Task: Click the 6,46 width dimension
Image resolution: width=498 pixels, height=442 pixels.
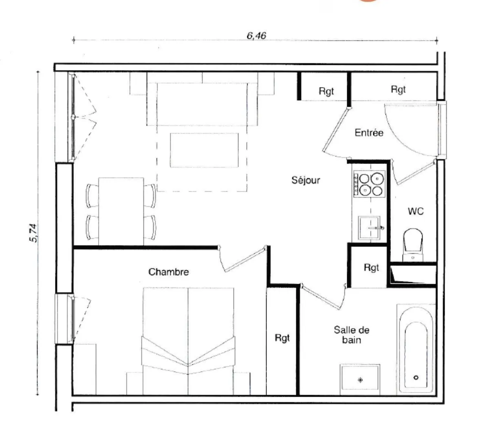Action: [256, 35]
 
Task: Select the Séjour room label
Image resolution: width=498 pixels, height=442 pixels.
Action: [306, 180]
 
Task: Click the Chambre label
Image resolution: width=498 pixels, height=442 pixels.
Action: [168, 272]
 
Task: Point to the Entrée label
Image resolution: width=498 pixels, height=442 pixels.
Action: [369, 133]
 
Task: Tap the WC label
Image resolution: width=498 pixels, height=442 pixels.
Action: [415, 211]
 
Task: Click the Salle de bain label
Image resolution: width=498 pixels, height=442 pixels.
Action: [351, 334]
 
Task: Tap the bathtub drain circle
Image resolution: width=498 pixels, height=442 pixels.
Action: [416, 378]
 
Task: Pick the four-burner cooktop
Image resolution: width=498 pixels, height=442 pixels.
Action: [369, 184]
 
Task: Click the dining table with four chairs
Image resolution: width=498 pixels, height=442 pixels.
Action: [121, 211]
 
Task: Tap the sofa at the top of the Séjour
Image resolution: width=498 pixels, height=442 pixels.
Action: [202, 104]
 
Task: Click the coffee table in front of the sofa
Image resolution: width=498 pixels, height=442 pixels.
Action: [204, 150]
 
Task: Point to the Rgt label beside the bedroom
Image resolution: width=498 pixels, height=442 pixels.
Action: [282, 338]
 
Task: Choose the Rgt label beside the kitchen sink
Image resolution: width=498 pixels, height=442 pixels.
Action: [371, 267]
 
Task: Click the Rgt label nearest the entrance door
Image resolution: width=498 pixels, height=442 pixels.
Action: [398, 89]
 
